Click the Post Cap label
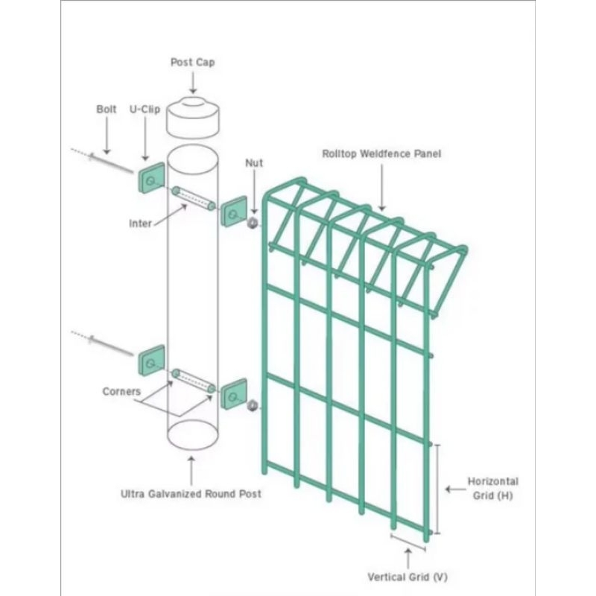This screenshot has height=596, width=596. pyautogui.click(x=192, y=63)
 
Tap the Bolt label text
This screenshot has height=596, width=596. pyautogui.click(x=107, y=109)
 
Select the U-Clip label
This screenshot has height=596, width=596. pyautogui.click(x=145, y=110)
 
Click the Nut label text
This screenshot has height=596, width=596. pyautogui.click(x=254, y=162)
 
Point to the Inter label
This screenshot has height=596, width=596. pyautogui.click(x=140, y=223)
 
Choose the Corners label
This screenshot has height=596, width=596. pyautogui.click(x=121, y=391)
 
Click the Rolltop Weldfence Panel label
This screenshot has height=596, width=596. pyautogui.click(x=381, y=153)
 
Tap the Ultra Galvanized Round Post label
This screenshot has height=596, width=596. pyautogui.click(x=191, y=494)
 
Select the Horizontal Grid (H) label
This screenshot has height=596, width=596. pyautogui.click(x=493, y=489)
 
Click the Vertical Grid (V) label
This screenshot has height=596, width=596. pyautogui.click(x=408, y=577)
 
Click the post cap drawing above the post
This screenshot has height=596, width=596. pyautogui.click(x=193, y=118)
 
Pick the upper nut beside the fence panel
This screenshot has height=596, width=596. pyautogui.click(x=253, y=223)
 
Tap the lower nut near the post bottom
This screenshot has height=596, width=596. pyautogui.click(x=252, y=405)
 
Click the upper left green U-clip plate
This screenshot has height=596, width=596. pyautogui.click(x=151, y=178)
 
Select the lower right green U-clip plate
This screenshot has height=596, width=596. pyautogui.click(x=234, y=394)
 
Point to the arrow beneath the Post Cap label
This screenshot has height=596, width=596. pyautogui.click(x=193, y=83)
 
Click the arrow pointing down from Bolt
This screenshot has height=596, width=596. pyautogui.click(x=107, y=136)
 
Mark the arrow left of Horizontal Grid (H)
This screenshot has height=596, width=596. pyautogui.click(x=455, y=489)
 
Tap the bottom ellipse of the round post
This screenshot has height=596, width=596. pyautogui.click(x=193, y=435)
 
